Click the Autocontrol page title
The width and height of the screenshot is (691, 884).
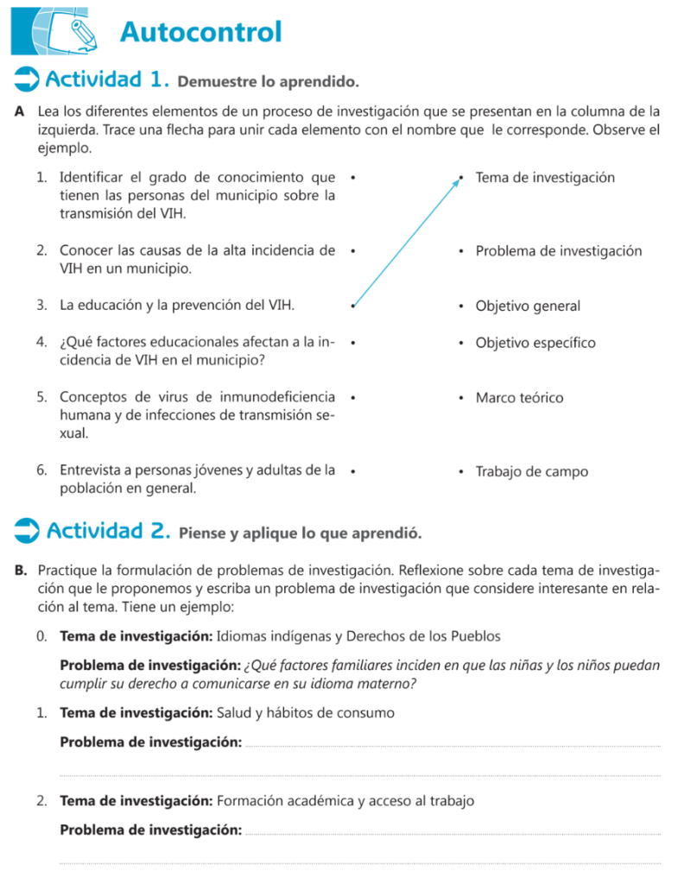tap(201, 32)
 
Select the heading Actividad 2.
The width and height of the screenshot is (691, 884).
tap(108, 530)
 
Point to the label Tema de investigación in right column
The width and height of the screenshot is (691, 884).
tap(545, 178)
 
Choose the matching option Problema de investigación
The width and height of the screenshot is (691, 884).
tap(559, 251)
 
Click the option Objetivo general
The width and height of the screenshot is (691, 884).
tap(528, 306)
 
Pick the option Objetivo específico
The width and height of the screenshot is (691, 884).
tap(536, 343)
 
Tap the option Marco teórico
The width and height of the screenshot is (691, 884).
tap(519, 398)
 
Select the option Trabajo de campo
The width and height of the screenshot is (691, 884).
tap(531, 472)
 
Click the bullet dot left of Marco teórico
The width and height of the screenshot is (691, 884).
tap(462, 399)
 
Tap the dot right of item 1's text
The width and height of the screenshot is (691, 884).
tap(354, 178)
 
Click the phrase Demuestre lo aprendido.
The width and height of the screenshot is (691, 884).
tap(267, 83)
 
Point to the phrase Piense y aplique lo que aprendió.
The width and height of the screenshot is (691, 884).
tap(300, 533)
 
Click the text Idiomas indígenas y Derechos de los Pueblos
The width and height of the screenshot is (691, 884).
tap(358, 637)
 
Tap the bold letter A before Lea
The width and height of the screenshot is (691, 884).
tap(19, 111)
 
